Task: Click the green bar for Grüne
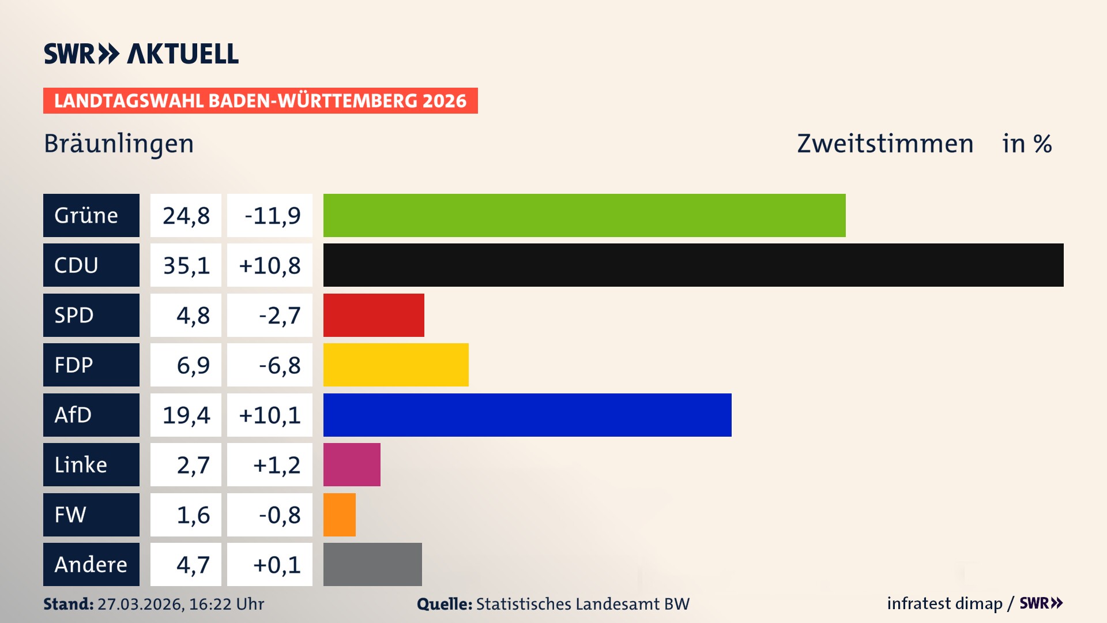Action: [x=584, y=215]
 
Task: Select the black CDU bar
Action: [x=693, y=265]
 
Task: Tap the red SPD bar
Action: [x=374, y=315]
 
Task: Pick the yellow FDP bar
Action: [x=396, y=365]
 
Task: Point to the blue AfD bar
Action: [x=527, y=415]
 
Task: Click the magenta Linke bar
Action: [x=352, y=464]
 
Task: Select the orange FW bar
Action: [x=339, y=515]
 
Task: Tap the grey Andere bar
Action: [x=372, y=564]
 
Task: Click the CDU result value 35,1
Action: [x=186, y=265]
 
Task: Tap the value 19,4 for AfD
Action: [x=186, y=415]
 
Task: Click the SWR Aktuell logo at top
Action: [x=141, y=54]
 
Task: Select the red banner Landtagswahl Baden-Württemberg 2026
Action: [x=260, y=100]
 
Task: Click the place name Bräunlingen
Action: [x=119, y=144]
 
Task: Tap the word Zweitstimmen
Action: [x=885, y=144]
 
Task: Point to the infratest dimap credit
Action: [x=944, y=603]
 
